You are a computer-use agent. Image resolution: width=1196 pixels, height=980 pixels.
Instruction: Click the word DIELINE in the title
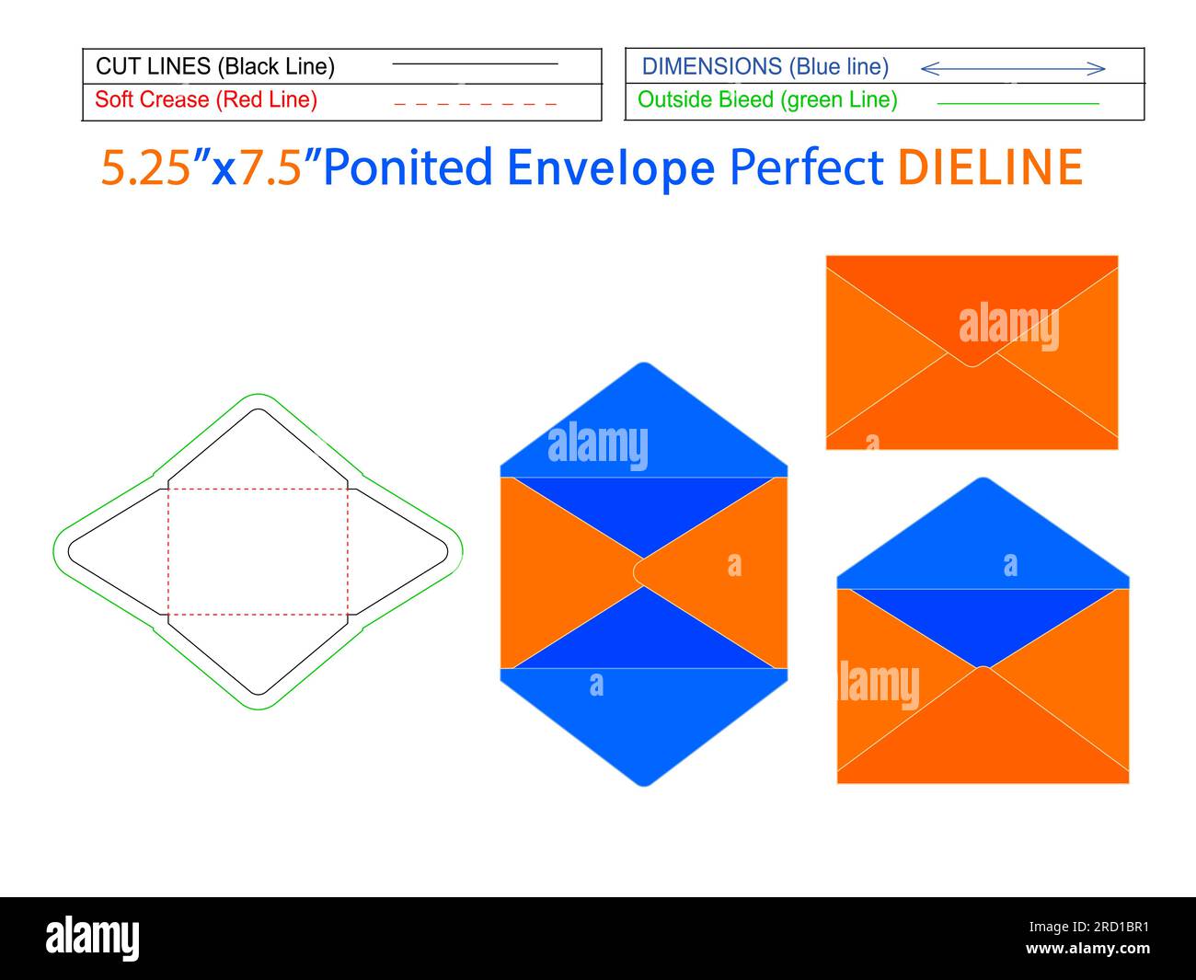(990, 167)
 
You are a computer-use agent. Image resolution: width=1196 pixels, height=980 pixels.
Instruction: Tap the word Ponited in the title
(408, 167)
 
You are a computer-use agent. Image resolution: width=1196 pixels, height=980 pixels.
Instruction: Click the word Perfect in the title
(806, 167)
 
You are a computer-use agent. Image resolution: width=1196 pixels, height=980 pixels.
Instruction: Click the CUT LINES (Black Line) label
(215, 66)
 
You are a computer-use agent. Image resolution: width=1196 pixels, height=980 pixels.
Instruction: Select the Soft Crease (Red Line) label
(206, 99)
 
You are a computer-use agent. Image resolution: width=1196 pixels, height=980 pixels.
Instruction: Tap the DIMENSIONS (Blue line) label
(765, 66)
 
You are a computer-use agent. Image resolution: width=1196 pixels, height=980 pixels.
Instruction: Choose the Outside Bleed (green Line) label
(767, 99)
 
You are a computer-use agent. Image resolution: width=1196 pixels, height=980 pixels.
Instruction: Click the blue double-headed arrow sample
(1013, 69)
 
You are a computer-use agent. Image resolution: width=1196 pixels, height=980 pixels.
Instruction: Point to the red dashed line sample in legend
(476, 104)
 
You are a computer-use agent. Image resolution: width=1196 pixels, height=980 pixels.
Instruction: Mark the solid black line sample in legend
(476, 63)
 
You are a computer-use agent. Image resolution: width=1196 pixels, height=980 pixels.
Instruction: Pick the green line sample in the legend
(1018, 104)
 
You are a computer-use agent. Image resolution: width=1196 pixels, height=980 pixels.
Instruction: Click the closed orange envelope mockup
(972, 352)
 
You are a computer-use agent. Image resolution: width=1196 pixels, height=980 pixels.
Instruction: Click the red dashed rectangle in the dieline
(258, 489)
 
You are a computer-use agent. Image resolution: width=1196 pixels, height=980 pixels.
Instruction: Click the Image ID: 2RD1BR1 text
(1088, 927)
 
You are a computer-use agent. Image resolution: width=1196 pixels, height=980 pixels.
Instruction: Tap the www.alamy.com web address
(1087, 948)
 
